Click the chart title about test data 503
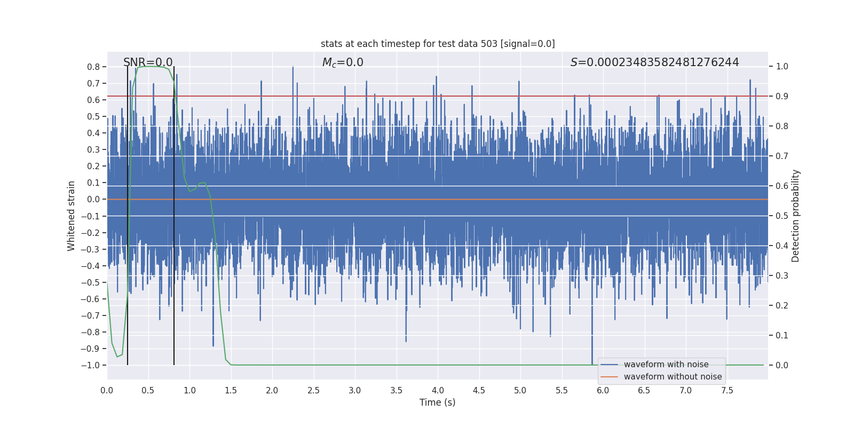pos(438,44)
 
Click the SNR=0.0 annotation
pos(148,62)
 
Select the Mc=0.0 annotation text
pos(343,62)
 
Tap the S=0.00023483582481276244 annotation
pos(654,62)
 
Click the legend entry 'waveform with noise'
pos(666,365)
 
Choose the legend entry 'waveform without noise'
pos(673,377)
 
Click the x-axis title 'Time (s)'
pos(437,402)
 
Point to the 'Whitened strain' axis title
pos(72,216)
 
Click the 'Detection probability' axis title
pos(796,216)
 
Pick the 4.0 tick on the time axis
pos(438,391)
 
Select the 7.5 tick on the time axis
pos(727,391)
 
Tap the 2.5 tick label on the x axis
pos(313,391)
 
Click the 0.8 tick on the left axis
pos(93,67)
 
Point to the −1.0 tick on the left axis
pos(90,365)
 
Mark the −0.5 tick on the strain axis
pos(90,282)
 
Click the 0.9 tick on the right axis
pos(782,97)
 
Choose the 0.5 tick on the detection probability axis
pos(782,216)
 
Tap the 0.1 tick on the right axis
pos(782,336)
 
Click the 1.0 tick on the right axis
pos(782,67)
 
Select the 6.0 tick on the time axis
pos(603,391)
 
